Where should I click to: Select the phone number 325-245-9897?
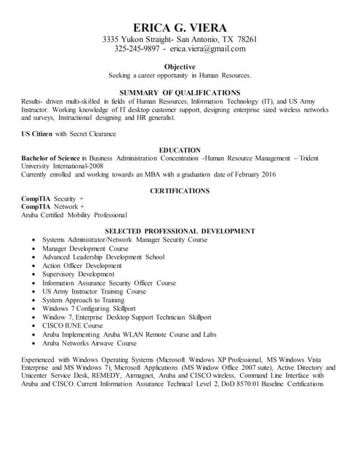tap(137, 49)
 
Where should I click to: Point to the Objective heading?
tap(180, 66)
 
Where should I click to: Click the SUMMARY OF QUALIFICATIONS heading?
tap(180, 92)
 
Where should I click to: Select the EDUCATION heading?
tap(180, 150)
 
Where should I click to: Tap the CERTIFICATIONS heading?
tap(180, 190)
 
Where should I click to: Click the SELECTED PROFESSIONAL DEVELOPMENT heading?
tap(180, 230)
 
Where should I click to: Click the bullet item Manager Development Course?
tap(85, 248)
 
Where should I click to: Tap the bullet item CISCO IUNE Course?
tap(73, 326)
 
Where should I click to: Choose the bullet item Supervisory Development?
tap(78, 274)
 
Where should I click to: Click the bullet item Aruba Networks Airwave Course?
tap(89, 344)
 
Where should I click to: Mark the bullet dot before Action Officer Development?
tap(34, 266)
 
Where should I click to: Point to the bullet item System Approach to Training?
tap(83, 300)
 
